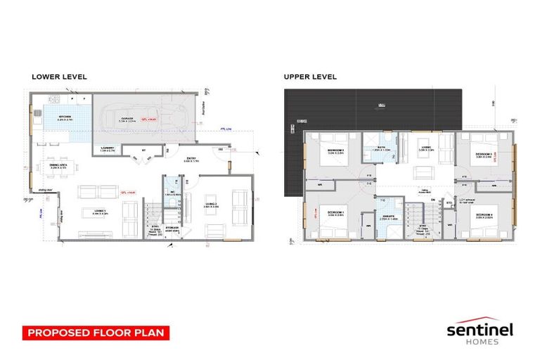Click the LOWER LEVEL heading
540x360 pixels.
tap(59, 77)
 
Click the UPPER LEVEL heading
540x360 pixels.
tap(310, 77)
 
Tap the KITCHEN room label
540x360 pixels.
tap(65, 117)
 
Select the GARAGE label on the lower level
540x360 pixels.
tap(127, 118)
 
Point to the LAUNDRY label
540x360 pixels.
tap(107, 148)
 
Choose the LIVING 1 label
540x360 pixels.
tap(100, 210)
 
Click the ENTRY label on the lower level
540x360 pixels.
tap(191, 159)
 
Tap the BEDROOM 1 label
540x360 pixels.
tap(335, 214)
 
